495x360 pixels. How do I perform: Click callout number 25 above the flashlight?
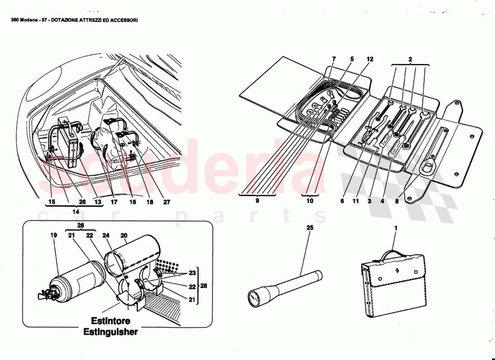click(x=310, y=228)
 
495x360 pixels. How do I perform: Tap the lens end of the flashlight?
click(x=255, y=297)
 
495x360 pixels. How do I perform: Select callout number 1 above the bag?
click(x=396, y=228)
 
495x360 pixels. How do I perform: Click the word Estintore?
click(x=111, y=321)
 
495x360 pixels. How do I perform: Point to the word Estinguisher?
click(x=111, y=332)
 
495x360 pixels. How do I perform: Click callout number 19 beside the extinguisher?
click(x=54, y=235)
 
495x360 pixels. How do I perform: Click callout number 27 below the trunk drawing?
click(x=166, y=202)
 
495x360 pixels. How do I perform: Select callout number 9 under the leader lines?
click(x=257, y=202)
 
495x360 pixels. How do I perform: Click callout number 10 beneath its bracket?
click(x=310, y=202)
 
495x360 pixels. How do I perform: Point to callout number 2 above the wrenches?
click(x=410, y=59)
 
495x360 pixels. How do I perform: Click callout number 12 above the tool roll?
click(x=369, y=59)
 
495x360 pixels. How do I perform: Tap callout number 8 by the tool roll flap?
click(x=396, y=202)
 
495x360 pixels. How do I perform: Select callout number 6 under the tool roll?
click(x=342, y=202)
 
